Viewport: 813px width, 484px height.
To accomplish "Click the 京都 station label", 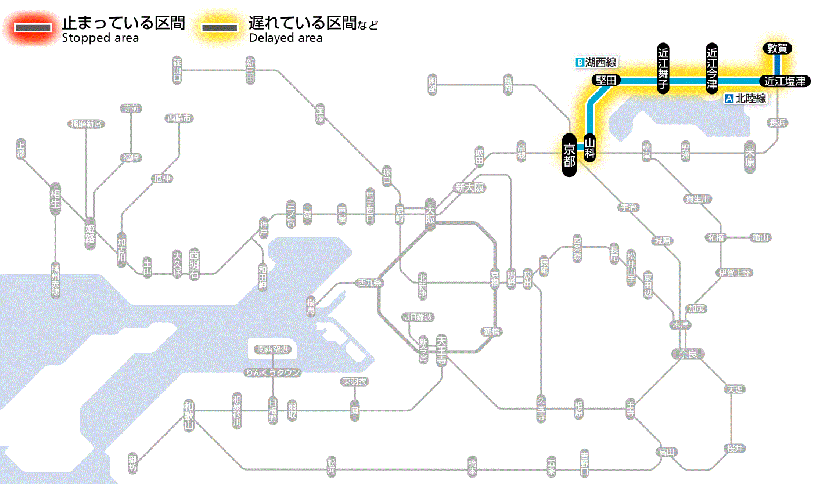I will coord(569,155).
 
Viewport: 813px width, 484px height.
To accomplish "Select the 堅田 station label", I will coord(606,81).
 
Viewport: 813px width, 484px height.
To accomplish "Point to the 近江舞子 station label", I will coord(663,68).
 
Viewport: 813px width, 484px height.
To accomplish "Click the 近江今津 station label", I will coord(712,68).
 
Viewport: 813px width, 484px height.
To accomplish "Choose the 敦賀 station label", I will coord(777,49).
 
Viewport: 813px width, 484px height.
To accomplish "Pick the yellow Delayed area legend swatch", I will coord(219,27).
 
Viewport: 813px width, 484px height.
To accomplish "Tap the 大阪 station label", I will coord(430,215).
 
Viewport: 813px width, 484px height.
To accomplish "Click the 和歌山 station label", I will coord(189,415).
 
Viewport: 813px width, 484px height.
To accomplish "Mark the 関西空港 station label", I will coord(272,349).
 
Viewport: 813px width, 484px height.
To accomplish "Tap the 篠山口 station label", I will coord(178,71).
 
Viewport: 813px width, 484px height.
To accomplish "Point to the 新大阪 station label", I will coord(469,188).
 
